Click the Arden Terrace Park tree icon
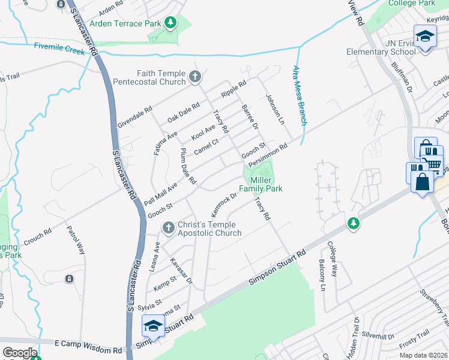coord(171,23)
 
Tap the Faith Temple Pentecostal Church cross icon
coord(194,76)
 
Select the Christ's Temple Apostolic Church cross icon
coord(168,227)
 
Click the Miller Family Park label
coord(261,184)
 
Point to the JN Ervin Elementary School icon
coord(424,37)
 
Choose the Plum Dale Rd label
coord(188,166)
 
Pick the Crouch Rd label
coord(37,236)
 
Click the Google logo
coord(20,353)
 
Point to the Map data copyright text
coord(422,355)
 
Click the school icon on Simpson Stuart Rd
coord(152,326)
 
